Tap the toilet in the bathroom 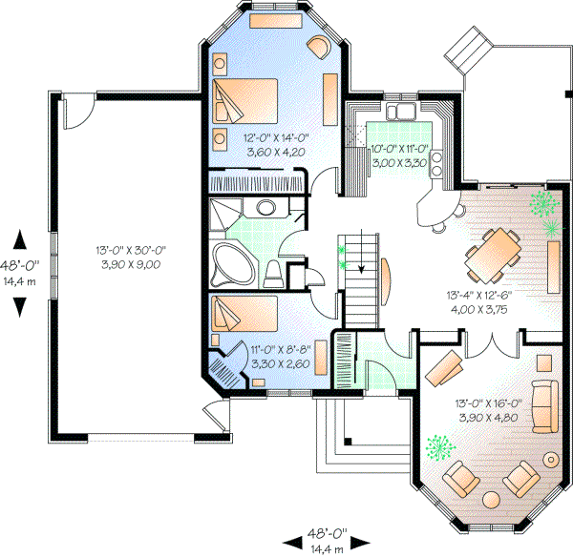[x=275, y=272]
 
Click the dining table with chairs [x=493, y=256]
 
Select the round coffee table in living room [x=494, y=499]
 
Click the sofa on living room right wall [x=545, y=403]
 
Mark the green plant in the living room [x=440, y=447]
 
